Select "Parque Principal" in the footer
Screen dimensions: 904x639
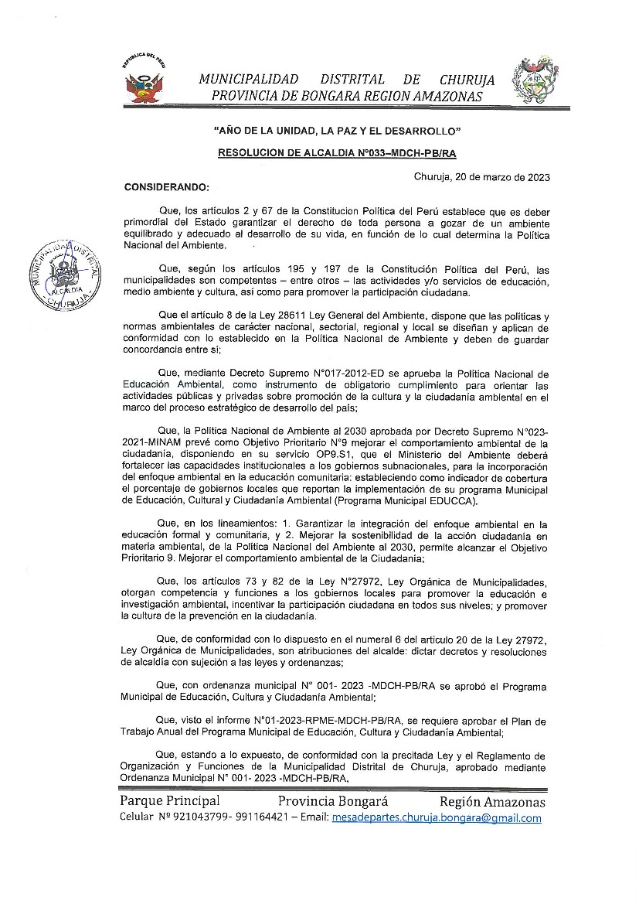tap(170, 800)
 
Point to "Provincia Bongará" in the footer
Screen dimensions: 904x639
tap(333, 800)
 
